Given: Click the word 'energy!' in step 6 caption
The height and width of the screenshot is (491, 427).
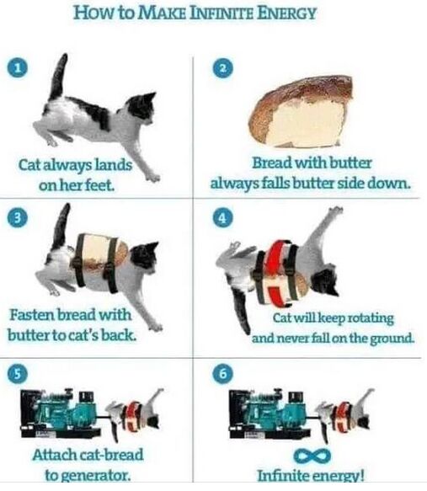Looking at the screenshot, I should pyautogui.click(x=336, y=476).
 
